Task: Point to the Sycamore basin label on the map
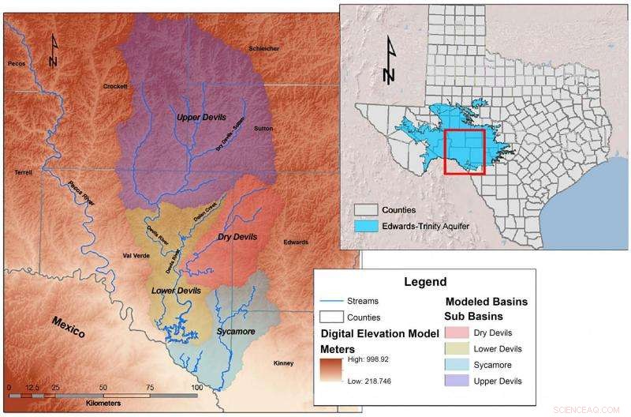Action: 234,332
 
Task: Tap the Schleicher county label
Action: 263,48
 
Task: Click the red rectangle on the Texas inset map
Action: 464,151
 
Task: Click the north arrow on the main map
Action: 53,49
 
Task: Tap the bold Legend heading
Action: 425,281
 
